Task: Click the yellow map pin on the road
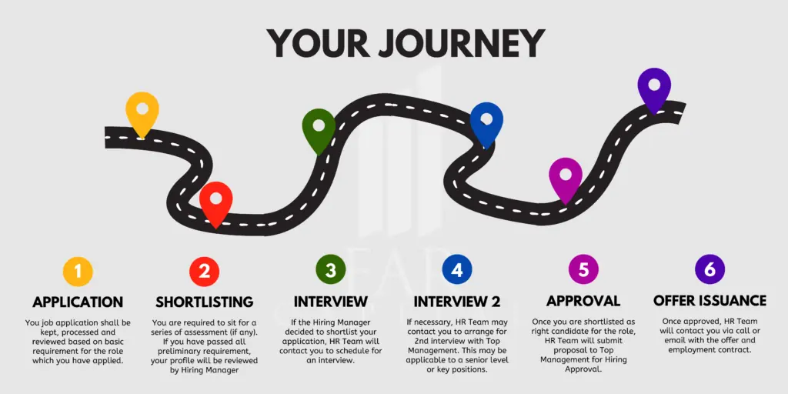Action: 142,112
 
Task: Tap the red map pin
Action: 215,202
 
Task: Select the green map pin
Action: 319,129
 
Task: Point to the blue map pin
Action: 486,122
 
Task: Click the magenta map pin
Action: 566,179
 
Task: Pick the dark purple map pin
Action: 654,89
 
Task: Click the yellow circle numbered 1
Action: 78,271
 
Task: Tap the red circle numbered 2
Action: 204,271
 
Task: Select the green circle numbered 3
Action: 331,270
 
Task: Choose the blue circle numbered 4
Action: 457,270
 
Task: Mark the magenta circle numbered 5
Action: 583,270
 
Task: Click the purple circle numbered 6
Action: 710,270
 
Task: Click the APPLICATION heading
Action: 78,302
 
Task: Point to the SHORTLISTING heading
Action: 205,302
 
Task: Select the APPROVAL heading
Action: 583,301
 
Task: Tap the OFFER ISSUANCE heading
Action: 710,301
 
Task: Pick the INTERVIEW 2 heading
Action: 457,302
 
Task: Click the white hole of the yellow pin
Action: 142,108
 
